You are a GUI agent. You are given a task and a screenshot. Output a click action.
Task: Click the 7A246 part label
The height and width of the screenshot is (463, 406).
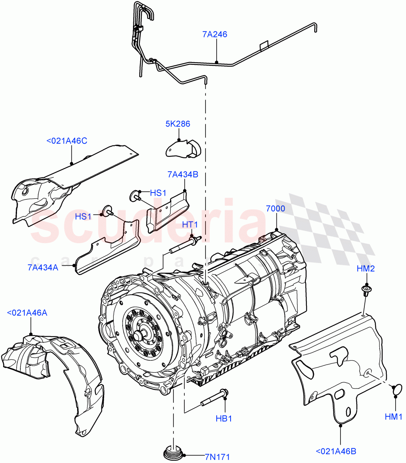click(215, 34)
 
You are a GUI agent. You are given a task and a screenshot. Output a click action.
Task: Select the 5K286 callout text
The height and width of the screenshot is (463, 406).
click(178, 124)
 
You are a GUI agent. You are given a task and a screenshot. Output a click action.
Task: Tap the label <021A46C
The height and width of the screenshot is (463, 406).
click(67, 141)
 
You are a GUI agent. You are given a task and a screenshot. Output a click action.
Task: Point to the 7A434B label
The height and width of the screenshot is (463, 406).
click(183, 174)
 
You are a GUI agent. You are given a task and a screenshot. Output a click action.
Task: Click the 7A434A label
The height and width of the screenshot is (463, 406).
click(43, 267)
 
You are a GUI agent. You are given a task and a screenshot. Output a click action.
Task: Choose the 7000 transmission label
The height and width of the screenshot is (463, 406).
click(276, 209)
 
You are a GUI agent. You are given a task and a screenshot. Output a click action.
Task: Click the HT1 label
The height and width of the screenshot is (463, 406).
click(190, 225)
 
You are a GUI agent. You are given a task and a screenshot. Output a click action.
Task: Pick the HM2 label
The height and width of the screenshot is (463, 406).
click(366, 269)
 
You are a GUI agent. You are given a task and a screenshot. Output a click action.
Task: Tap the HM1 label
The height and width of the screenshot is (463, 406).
click(394, 417)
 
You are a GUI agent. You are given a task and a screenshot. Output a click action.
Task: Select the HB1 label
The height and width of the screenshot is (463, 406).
click(224, 418)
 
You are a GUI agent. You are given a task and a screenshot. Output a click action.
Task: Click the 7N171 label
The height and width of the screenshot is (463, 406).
click(217, 457)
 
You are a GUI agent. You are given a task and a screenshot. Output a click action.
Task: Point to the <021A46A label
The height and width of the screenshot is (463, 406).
click(27, 313)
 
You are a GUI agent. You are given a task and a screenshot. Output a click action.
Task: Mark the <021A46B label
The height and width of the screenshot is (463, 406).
click(336, 451)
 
